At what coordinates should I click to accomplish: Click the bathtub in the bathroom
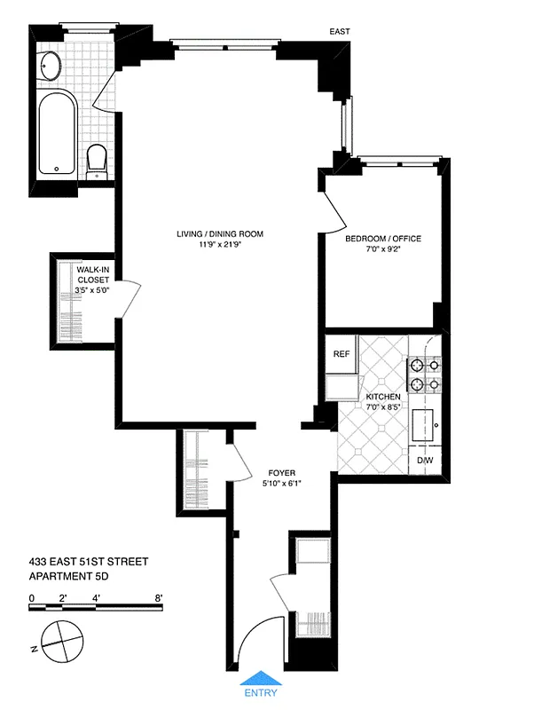coord(59,131)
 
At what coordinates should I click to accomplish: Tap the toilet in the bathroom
coord(98,161)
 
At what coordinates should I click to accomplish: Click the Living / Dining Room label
coord(220,234)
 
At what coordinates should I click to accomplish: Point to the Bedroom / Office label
coord(382,239)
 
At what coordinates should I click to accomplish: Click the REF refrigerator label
coord(342,353)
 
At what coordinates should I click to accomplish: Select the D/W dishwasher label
coord(425,460)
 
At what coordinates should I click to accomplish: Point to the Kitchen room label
coord(382,397)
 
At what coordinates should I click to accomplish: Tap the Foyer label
coord(281,473)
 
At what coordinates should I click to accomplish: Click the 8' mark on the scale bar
coord(158,598)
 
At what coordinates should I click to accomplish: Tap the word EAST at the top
coord(338,32)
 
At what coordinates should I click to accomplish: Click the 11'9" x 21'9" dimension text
coord(220,245)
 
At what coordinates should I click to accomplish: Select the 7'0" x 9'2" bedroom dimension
coord(382,249)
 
